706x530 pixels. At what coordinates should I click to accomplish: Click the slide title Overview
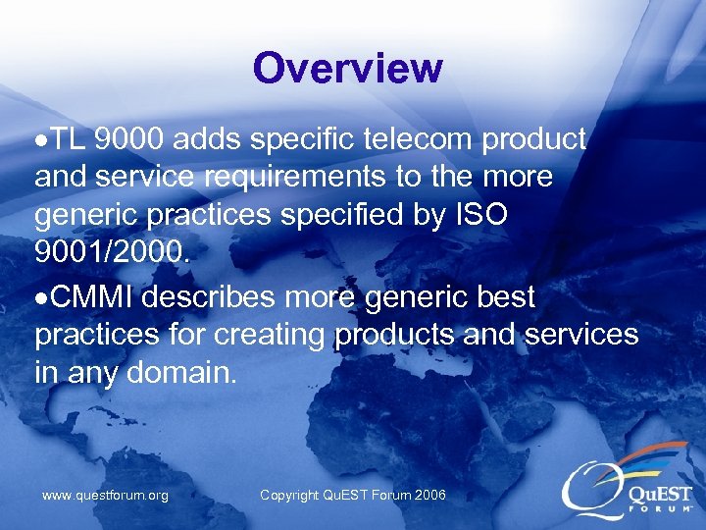[347, 69]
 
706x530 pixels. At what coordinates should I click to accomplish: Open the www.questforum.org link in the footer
[105, 496]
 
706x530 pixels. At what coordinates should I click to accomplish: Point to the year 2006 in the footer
[429, 496]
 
